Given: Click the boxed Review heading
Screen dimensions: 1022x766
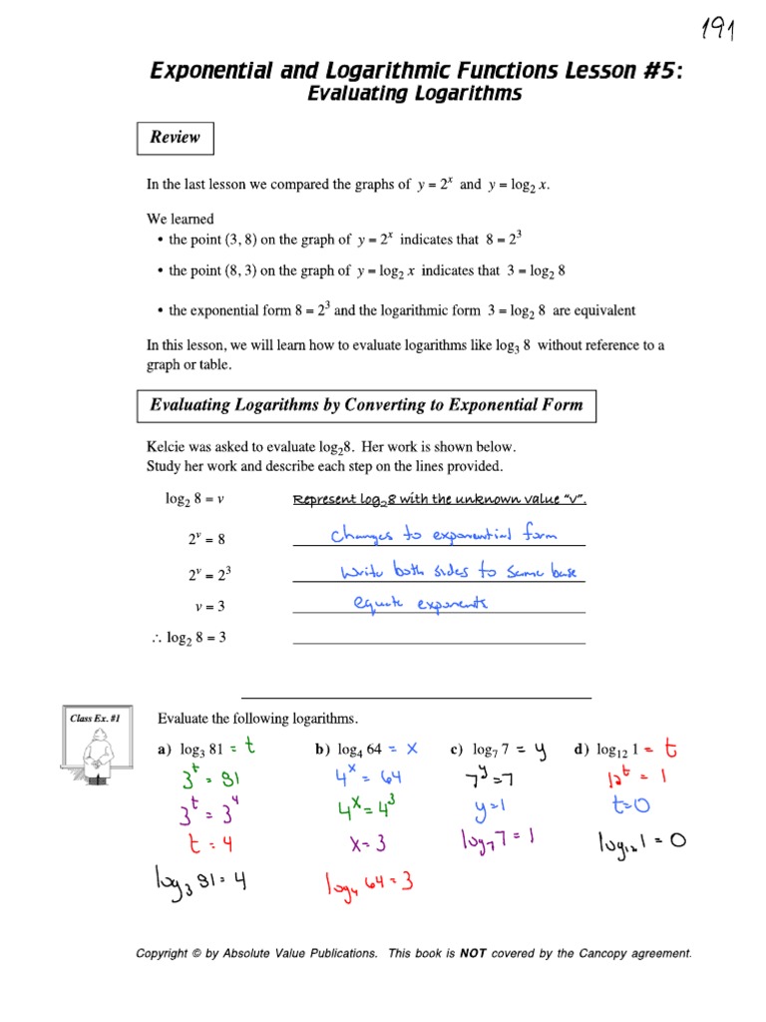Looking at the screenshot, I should [175, 138].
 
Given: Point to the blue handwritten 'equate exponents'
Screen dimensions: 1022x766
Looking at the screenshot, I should [421, 604].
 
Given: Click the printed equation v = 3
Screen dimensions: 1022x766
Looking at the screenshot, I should [210, 606].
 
